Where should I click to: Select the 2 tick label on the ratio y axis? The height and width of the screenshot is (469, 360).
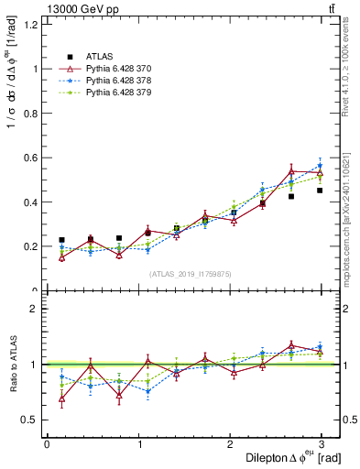(35, 309)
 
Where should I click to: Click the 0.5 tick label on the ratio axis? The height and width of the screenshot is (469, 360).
(30, 420)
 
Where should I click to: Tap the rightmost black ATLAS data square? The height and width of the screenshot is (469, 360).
(320, 191)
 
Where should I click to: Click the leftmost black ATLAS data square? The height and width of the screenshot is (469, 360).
(61, 240)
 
